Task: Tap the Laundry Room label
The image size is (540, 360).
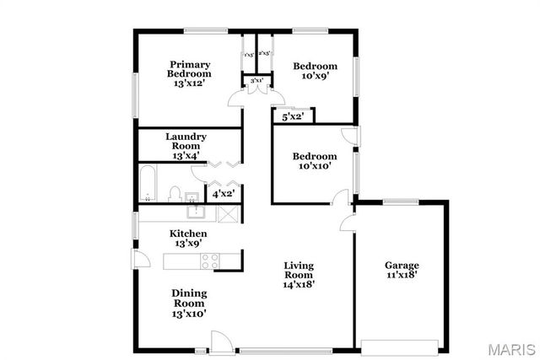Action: [x=186, y=145]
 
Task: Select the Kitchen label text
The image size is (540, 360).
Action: [x=188, y=238]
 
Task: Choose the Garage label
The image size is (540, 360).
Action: [x=402, y=270]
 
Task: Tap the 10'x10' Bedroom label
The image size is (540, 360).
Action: [x=314, y=161]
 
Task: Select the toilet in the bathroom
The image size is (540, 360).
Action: [x=175, y=195]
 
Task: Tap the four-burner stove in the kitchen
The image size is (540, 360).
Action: [x=210, y=261]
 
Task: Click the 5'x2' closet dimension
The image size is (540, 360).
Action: [x=293, y=117]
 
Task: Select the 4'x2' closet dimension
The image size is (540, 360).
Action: [x=223, y=194]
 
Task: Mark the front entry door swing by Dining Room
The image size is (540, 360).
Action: [x=220, y=341]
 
